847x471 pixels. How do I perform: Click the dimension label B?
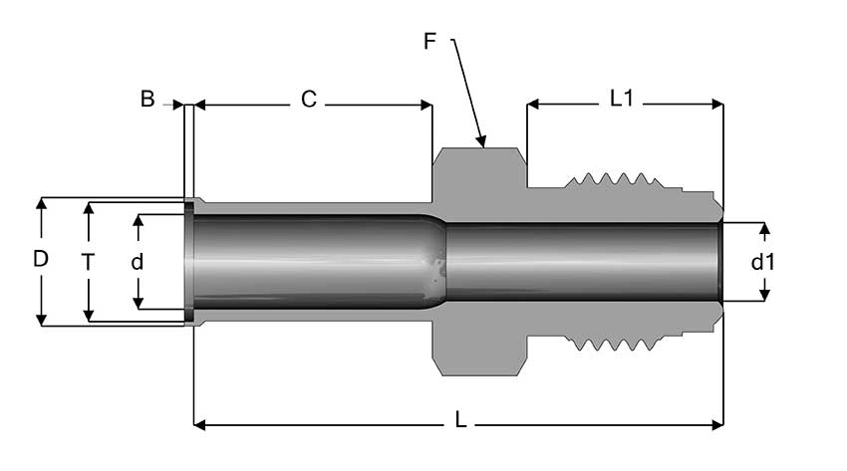147,100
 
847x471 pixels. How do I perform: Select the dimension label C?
309,100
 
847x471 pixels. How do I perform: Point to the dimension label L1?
622,100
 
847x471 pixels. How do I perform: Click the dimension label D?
41,260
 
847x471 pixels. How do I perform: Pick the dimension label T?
89,262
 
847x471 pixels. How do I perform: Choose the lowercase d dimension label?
138,262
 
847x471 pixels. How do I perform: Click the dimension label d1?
763,263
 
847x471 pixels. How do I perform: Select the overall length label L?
460,421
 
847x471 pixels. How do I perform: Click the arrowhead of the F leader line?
481,141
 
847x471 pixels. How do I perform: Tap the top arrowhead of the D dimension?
41,203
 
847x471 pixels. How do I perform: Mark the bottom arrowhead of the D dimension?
41,320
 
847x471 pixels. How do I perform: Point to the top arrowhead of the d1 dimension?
764,229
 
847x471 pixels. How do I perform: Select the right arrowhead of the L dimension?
717,425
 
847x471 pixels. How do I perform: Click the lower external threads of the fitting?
613,344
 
